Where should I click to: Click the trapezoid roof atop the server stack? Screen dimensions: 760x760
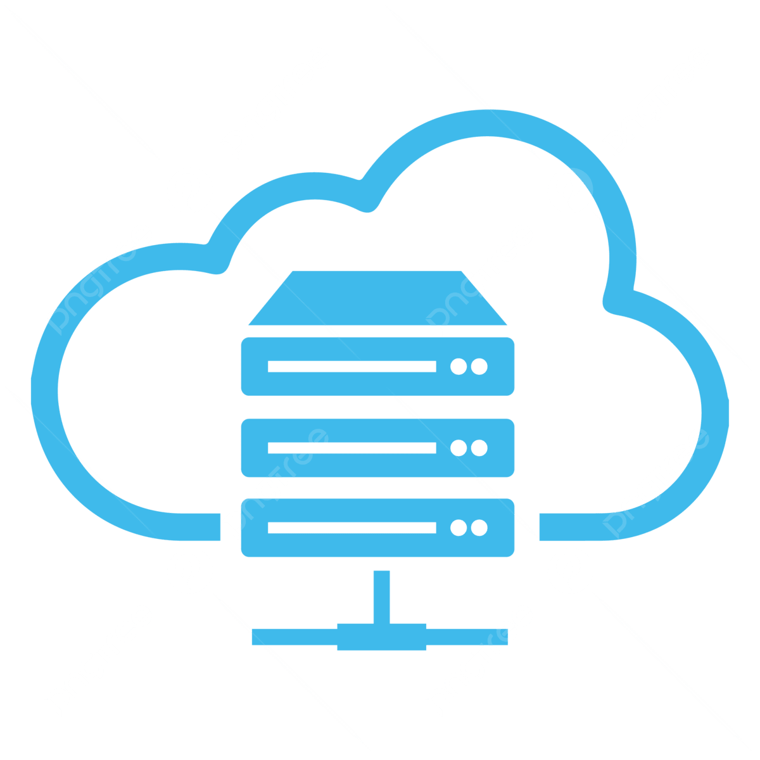pyautogui.click(x=377, y=299)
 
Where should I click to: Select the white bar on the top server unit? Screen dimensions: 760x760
pyautogui.click(x=351, y=366)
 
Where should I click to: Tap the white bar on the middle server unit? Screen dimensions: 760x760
pyautogui.click(x=351, y=448)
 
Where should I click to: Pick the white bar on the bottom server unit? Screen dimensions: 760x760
pyautogui.click(x=351, y=528)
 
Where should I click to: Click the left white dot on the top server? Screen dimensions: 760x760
pyautogui.click(x=458, y=366)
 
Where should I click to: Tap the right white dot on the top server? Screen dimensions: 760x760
pyautogui.click(x=479, y=366)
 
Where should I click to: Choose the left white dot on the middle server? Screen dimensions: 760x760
pyautogui.click(x=458, y=448)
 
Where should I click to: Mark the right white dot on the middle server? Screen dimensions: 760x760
pyautogui.click(x=479, y=448)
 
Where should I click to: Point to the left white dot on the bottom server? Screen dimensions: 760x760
pyautogui.click(x=458, y=528)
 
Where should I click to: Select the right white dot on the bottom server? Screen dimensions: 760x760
pyautogui.click(x=479, y=528)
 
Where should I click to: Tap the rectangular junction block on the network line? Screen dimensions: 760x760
pyautogui.click(x=381, y=636)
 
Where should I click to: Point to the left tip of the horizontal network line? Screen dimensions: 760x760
pyautogui.click(x=255, y=636)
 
